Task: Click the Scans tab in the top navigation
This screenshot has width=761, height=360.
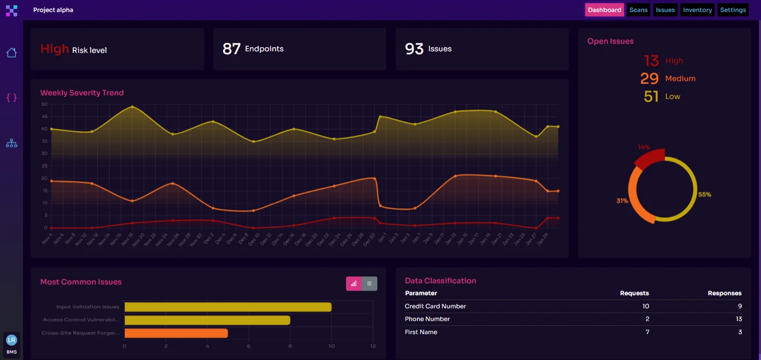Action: pyautogui.click(x=638, y=10)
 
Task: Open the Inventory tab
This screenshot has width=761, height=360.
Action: pyautogui.click(x=697, y=10)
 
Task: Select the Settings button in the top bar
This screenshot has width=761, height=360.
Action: pyautogui.click(x=733, y=10)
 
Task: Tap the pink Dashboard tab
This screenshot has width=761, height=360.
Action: pyautogui.click(x=604, y=10)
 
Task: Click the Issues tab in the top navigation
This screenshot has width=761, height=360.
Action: pyautogui.click(x=665, y=10)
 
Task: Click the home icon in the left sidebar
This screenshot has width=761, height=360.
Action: pyautogui.click(x=11, y=53)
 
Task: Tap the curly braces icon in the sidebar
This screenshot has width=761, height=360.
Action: pyautogui.click(x=11, y=97)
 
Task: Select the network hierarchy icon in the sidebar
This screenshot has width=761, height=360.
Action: pyautogui.click(x=11, y=144)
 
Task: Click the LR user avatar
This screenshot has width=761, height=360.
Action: pyautogui.click(x=11, y=340)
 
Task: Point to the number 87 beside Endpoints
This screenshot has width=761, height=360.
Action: pyautogui.click(x=232, y=49)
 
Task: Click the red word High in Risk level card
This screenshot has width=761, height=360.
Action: pyautogui.click(x=54, y=49)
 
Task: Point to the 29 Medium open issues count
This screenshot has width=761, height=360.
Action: pyautogui.click(x=650, y=79)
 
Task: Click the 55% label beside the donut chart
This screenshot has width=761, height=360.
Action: pyautogui.click(x=704, y=195)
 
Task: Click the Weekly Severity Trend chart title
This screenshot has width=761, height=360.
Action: pyautogui.click(x=82, y=93)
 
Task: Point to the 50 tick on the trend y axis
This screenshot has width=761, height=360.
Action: pyautogui.click(x=44, y=104)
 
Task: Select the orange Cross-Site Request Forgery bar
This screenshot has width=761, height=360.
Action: pyautogui.click(x=176, y=333)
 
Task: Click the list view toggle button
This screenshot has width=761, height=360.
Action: pyautogui.click(x=369, y=283)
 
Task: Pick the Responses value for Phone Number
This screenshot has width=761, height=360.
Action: pyautogui.click(x=739, y=319)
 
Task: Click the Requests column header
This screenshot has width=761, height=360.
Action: pyautogui.click(x=634, y=293)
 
